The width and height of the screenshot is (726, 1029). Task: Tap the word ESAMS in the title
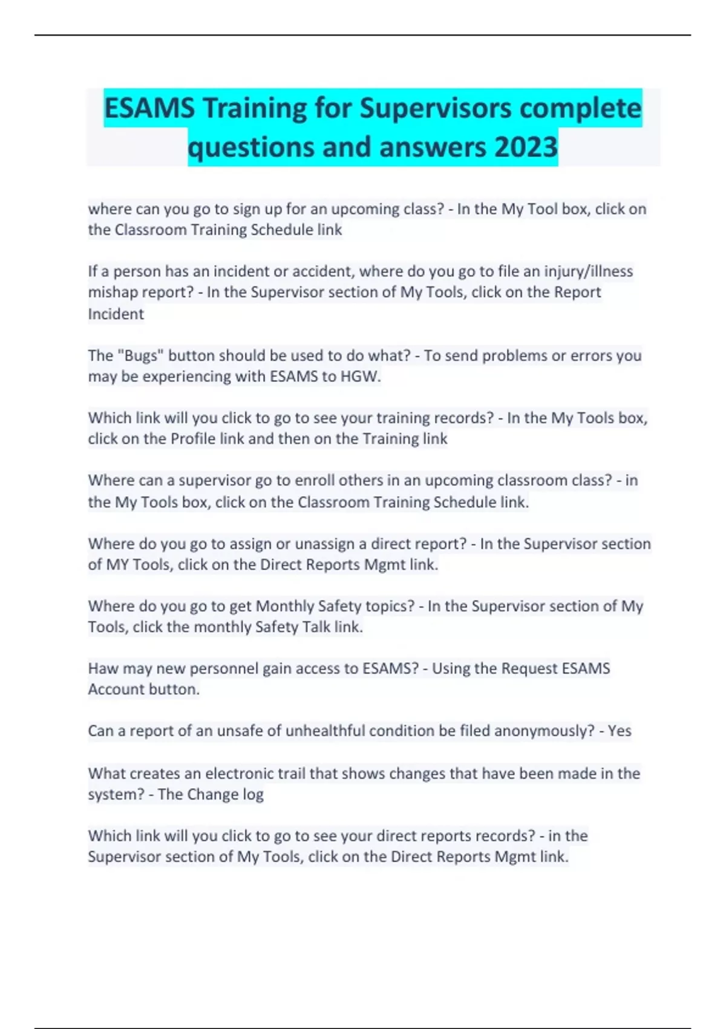[149, 109]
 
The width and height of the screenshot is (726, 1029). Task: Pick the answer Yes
[619, 731]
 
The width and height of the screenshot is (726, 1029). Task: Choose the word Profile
[193, 439]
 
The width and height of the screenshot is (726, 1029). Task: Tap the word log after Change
[253, 794]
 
